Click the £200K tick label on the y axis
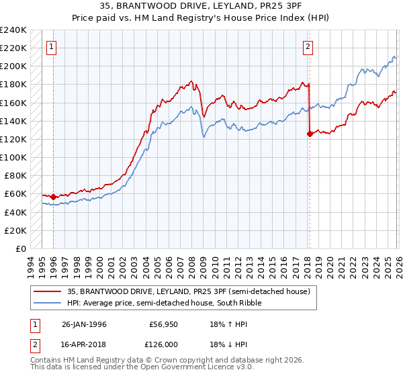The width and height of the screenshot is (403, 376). point(13,66)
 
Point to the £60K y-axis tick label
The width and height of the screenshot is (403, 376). point(15,194)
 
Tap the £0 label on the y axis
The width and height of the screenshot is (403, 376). point(22,248)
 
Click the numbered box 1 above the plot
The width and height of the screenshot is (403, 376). point(52,47)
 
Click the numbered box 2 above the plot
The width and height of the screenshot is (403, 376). point(307,47)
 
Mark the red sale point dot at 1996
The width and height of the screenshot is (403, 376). point(54,197)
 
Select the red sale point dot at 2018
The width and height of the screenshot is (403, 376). point(310,134)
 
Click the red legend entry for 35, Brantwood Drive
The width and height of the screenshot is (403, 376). point(188,291)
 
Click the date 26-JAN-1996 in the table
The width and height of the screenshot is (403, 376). point(84,324)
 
